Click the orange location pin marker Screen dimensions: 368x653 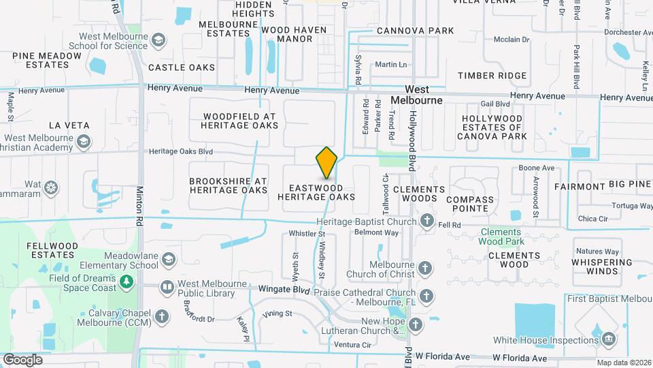click(326, 163)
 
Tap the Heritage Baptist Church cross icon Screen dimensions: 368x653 click(426, 220)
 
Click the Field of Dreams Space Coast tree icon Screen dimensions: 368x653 click(126, 281)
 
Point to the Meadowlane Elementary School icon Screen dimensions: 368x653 click(168, 258)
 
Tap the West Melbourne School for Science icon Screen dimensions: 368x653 click(158, 41)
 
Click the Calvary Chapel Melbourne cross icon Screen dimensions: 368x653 click(161, 316)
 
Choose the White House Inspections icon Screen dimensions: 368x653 click(608, 339)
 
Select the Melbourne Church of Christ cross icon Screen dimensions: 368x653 click(426, 266)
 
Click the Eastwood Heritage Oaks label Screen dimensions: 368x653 click(316, 192)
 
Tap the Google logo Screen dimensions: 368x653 click(22, 359)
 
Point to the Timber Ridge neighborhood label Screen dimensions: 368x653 click(492, 76)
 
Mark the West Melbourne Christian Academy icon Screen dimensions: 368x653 click(84, 142)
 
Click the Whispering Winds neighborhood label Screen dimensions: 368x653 click(597, 266)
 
